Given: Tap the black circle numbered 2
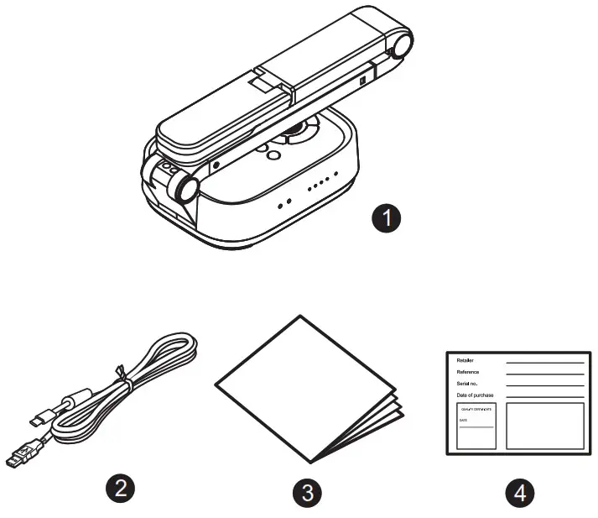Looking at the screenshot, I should [124, 489].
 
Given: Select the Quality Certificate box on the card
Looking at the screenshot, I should [476, 426].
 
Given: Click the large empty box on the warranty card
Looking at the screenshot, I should [545, 426].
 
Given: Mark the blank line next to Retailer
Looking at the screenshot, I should [545, 364].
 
